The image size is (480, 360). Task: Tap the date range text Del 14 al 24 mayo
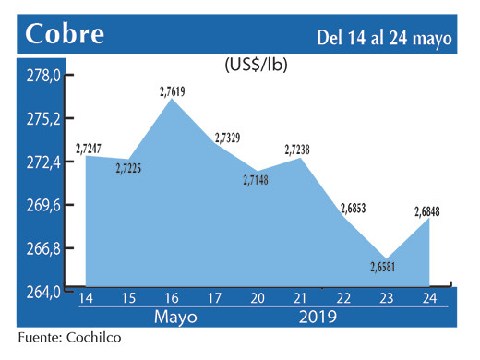tap(384, 38)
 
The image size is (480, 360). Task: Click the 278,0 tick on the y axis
tap(43, 76)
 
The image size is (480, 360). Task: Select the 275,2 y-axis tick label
tap(43, 119)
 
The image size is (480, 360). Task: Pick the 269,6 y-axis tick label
tap(43, 206)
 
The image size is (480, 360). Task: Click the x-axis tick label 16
tap(172, 299)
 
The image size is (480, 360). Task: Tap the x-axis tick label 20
tap(258, 299)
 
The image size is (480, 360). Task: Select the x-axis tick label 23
tap(387, 299)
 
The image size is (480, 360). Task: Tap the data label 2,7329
tap(227, 138)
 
